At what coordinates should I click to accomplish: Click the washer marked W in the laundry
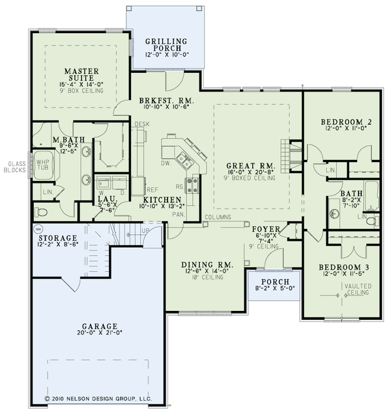pos(103,183)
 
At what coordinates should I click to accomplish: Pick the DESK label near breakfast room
pos(141,124)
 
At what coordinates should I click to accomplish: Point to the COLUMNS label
pos(220,217)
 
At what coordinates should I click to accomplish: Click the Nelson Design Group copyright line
pos(98,396)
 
